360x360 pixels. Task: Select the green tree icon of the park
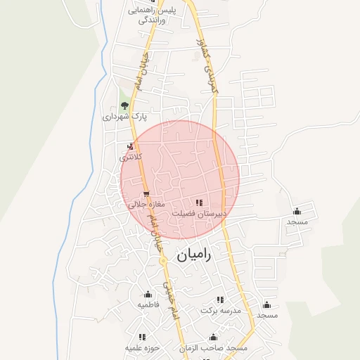pyautogui.click(x=124, y=105)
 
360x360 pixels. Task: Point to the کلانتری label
pyautogui.click(x=130, y=157)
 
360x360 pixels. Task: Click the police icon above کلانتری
pyautogui.click(x=129, y=146)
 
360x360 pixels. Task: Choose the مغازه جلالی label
pyautogui.click(x=146, y=205)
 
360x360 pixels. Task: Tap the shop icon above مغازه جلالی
pyautogui.click(x=146, y=194)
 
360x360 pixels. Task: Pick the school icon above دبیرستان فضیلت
pyautogui.click(x=206, y=202)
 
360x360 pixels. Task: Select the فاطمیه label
pyautogui.click(x=148, y=305)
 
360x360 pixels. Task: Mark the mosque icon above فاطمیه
pyautogui.click(x=148, y=295)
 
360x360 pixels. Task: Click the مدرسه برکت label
pyautogui.click(x=221, y=310)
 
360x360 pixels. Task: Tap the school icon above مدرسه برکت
pyautogui.click(x=220, y=300)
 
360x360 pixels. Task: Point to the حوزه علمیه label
pyautogui.click(x=143, y=347)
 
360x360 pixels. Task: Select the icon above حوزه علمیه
pyautogui.click(x=142, y=337)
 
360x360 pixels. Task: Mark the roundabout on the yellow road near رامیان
pyautogui.click(x=162, y=260)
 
